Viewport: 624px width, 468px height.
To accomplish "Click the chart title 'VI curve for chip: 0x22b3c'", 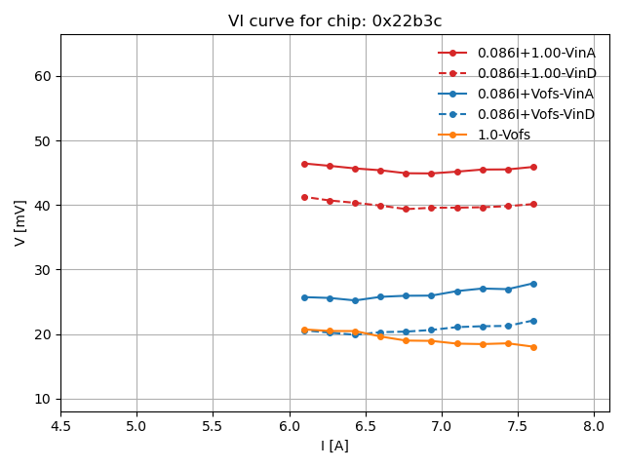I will click(x=334, y=20).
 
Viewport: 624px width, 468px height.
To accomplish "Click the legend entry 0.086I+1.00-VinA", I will click(x=535, y=53).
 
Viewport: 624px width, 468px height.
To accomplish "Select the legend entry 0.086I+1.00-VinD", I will click(x=535, y=73).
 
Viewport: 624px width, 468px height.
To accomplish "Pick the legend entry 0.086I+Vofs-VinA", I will click(x=535, y=94).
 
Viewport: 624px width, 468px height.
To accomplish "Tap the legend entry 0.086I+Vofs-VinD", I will click(x=535, y=114).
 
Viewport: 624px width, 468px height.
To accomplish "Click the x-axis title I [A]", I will click(x=334, y=446).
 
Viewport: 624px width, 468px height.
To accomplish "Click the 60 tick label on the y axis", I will click(x=42, y=76).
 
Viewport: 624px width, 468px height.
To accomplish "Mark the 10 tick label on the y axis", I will click(x=42, y=399).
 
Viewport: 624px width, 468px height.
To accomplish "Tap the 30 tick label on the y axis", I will click(x=42, y=270).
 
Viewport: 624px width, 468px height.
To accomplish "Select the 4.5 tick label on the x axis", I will click(x=60, y=426).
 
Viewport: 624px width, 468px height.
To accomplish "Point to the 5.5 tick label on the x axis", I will click(x=213, y=426).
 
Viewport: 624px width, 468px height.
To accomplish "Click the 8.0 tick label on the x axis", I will click(x=594, y=426).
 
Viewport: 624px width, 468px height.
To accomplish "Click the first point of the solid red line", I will click(x=304, y=164).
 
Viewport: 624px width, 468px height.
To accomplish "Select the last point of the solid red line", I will click(x=533, y=167).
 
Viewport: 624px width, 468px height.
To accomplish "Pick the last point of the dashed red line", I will click(x=533, y=204).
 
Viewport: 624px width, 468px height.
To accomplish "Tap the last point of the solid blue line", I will click(x=533, y=284).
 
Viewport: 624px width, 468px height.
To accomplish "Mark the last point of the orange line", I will click(x=533, y=347).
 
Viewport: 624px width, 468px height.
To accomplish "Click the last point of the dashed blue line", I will click(x=533, y=321).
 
